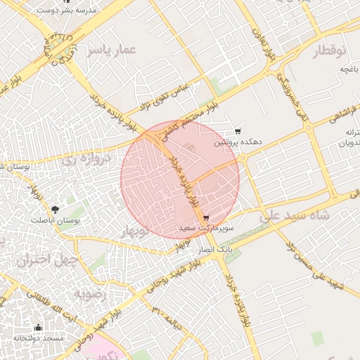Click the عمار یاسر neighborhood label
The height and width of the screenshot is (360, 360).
click(x=110, y=49)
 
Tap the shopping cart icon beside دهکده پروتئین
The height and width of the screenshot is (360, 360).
click(x=238, y=131)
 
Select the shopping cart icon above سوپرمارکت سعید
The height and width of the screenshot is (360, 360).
click(x=205, y=218)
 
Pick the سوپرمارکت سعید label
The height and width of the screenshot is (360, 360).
click(x=205, y=229)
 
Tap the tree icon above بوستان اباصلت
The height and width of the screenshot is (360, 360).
click(x=55, y=209)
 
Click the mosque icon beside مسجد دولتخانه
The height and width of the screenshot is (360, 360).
click(x=38, y=328)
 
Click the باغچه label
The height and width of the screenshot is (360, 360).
click(x=350, y=69)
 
